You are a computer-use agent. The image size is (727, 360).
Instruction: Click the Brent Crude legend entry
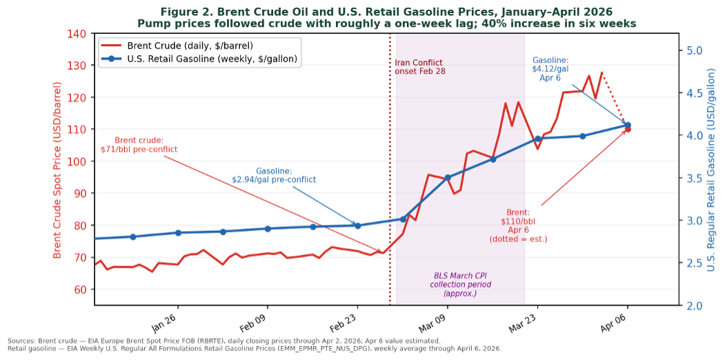(x=190, y=46)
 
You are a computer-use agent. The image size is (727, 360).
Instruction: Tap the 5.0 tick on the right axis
(x=692, y=51)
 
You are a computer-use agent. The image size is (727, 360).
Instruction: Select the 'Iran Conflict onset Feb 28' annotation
(x=419, y=67)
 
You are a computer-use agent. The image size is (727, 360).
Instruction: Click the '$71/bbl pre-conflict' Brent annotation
(x=139, y=144)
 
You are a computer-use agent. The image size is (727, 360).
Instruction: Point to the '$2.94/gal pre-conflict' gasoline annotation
(x=274, y=175)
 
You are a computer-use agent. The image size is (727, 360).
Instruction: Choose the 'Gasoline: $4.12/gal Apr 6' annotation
(x=550, y=69)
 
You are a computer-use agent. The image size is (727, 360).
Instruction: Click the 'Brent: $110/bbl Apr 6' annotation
(x=518, y=226)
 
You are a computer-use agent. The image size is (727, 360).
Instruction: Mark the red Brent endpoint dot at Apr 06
(x=628, y=129)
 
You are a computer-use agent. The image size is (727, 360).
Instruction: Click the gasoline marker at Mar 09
(x=448, y=177)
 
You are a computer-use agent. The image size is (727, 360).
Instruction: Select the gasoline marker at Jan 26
(x=178, y=233)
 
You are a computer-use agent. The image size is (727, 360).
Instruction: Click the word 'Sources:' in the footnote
(x=22, y=341)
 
